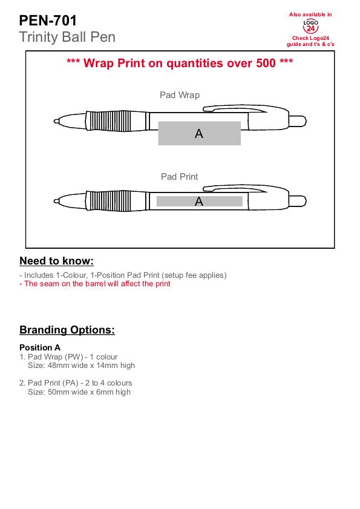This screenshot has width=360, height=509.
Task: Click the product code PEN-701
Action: (x=48, y=21)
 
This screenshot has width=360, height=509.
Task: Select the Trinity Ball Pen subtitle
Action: (x=67, y=37)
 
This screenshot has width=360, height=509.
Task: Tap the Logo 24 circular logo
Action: (x=310, y=26)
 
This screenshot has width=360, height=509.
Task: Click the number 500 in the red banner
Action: (x=266, y=63)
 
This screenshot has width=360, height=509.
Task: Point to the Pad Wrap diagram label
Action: (x=180, y=95)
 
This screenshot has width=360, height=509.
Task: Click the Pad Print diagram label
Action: (x=179, y=177)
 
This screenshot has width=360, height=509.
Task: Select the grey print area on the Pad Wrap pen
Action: (x=199, y=133)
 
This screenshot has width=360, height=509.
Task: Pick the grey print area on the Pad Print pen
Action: (x=199, y=202)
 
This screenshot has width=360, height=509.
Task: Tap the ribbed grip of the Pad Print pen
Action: (x=109, y=202)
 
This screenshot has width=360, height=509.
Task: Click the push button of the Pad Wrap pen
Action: (x=298, y=122)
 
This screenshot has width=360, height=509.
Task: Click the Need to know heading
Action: (x=56, y=261)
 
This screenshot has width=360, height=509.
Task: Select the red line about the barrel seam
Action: (x=95, y=284)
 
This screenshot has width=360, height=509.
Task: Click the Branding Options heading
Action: (x=67, y=330)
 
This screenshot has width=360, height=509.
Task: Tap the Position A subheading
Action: (x=40, y=347)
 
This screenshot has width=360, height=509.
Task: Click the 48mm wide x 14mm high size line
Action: (x=81, y=366)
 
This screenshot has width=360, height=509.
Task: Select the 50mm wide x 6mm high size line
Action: (x=79, y=392)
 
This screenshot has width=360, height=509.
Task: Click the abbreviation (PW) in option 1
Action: (x=74, y=356)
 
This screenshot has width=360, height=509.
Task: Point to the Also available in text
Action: (x=310, y=15)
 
